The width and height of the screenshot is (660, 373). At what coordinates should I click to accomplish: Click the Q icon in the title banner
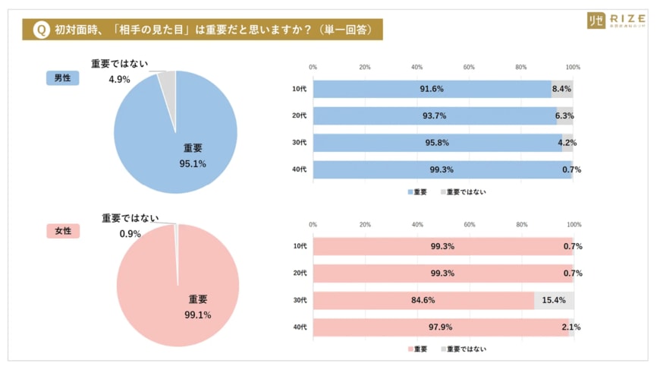click(42, 30)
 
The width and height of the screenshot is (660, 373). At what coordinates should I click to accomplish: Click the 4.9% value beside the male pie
click(119, 79)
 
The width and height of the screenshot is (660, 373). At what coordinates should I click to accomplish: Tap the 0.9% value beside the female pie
click(130, 233)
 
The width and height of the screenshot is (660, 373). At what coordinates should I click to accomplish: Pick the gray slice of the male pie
click(168, 81)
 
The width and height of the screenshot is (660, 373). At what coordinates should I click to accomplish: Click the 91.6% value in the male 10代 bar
click(432, 89)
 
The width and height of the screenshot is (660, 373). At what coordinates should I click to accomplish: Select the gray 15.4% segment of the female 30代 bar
click(554, 301)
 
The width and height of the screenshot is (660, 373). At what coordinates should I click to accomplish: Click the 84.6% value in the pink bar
click(423, 301)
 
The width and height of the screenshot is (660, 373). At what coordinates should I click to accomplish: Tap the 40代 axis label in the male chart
click(299, 170)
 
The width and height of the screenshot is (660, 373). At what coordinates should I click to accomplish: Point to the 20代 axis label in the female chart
click(299, 273)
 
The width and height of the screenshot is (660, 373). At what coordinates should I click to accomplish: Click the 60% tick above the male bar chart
click(469, 68)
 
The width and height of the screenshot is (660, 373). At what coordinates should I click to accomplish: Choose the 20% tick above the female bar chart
click(365, 225)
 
